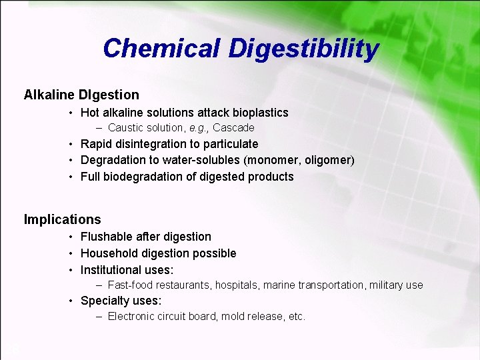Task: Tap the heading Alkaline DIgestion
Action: click(x=81, y=95)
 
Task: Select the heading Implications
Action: click(x=63, y=219)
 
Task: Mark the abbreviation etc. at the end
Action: click(x=297, y=317)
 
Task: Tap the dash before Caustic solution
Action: click(x=99, y=127)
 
